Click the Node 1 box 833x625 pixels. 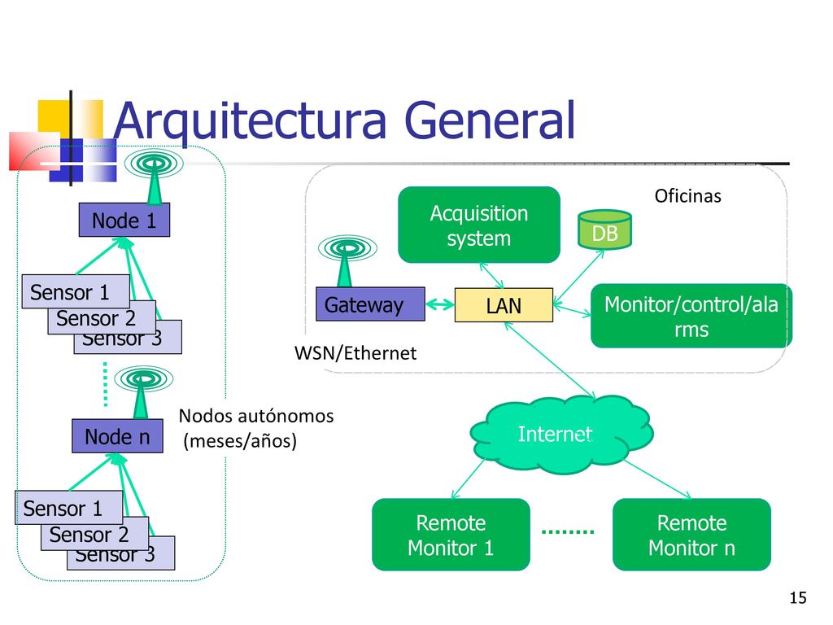click(x=124, y=220)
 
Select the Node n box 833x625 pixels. click(x=117, y=436)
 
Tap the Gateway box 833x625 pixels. click(x=370, y=304)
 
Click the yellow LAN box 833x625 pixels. click(x=504, y=305)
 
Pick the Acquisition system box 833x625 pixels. click(x=479, y=225)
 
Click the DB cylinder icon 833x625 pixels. click(x=604, y=230)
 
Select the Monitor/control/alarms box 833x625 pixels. click(x=691, y=317)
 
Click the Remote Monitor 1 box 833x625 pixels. click(x=451, y=535)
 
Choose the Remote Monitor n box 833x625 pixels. click(x=691, y=535)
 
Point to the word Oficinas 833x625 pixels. click(x=688, y=195)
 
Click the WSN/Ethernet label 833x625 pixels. click(x=355, y=353)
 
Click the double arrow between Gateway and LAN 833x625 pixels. click(x=440, y=304)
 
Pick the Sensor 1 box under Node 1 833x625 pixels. click(x=76, y=291)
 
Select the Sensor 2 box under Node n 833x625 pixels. click(x=94, y=534)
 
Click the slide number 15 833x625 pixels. click(x=798, y=598)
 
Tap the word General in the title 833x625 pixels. click(x=489, y=120)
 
